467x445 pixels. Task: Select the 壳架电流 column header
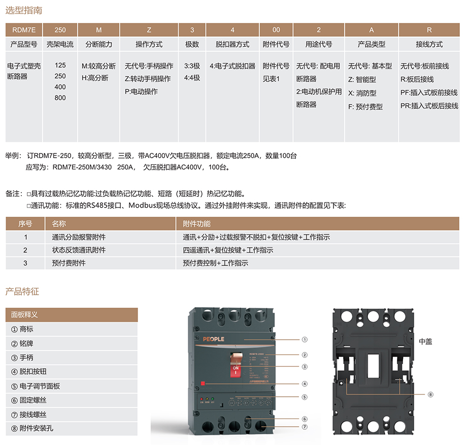(60, 45)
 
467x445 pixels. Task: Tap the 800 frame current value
(60, 98)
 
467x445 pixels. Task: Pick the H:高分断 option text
(95, 78)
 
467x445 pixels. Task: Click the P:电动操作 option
(141, 92)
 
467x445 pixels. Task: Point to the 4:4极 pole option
(192, 78)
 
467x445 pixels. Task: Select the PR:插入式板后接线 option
(429, 106)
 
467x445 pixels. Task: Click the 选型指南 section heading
(24, 10)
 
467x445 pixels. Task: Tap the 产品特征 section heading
(22, 291)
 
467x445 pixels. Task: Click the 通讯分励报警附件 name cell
(79, 237)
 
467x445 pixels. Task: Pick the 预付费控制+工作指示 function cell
(215, 263)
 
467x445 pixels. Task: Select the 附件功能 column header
(196, 224)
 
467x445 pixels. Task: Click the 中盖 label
(425, 342)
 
